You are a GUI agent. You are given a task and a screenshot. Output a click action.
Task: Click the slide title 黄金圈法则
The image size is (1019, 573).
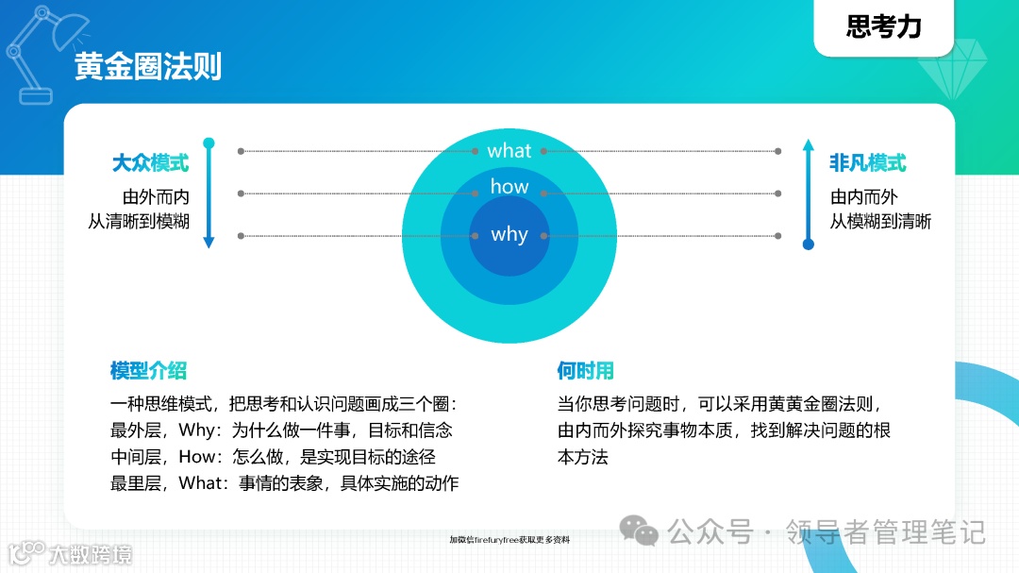[x=148, y=68]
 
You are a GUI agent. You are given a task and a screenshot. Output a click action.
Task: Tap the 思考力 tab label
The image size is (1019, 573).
[x=883, y=27]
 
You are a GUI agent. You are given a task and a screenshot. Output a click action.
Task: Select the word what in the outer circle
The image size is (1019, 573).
[x=509, y=151]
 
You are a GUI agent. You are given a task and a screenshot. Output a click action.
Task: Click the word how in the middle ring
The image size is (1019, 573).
[x=509, y=187]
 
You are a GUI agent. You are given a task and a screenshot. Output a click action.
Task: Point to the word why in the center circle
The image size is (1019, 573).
[x=509, y=234]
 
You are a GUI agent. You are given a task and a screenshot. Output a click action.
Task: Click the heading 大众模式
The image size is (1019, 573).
[x=150, y=163]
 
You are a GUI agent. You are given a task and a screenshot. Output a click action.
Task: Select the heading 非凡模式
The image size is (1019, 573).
[x=868, y=163]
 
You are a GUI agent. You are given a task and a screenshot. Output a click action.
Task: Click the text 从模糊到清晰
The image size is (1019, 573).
[x=880, y=222]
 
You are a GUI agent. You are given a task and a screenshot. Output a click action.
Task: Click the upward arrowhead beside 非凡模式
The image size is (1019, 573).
[x=808, y=145]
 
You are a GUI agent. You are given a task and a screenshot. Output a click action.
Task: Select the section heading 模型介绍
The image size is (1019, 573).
[x=148, y=370]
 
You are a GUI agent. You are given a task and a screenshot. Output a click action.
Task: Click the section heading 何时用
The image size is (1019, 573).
[x=585, y=370]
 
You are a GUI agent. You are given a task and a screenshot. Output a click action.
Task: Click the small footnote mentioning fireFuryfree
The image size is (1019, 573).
[x=509, y=540]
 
